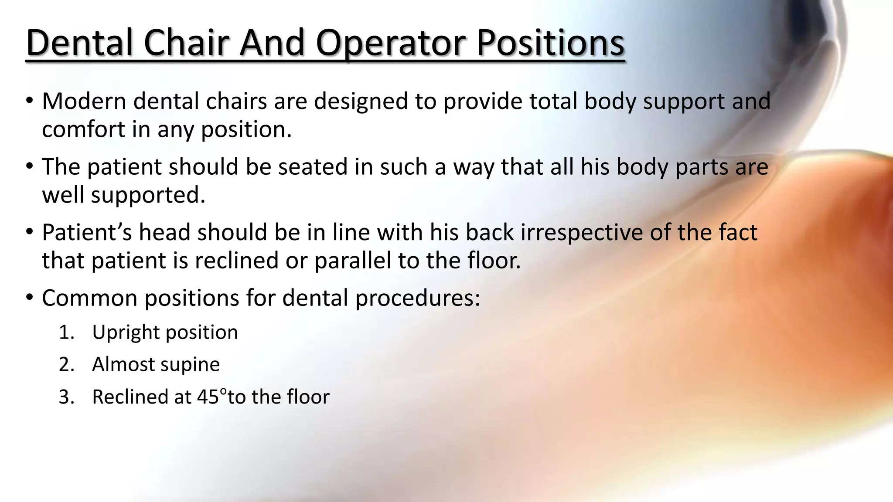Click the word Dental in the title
coord(79,43)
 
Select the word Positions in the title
coord(550,43)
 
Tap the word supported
coord(148,195)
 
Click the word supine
coord(194,365)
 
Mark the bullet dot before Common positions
coord(29,298)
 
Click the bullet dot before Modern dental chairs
coord(29,101)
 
